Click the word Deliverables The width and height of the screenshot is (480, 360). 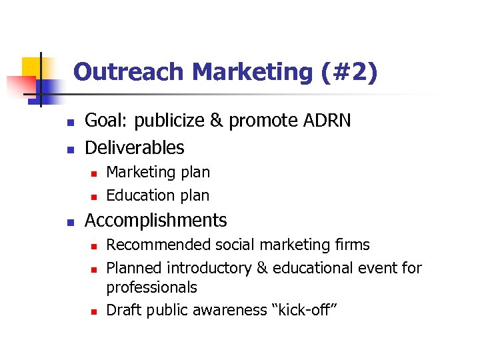(x=134, y=147)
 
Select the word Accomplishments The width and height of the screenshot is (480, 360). (x=155, y=221)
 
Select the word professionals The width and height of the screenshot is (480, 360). (x=151, y=287)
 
